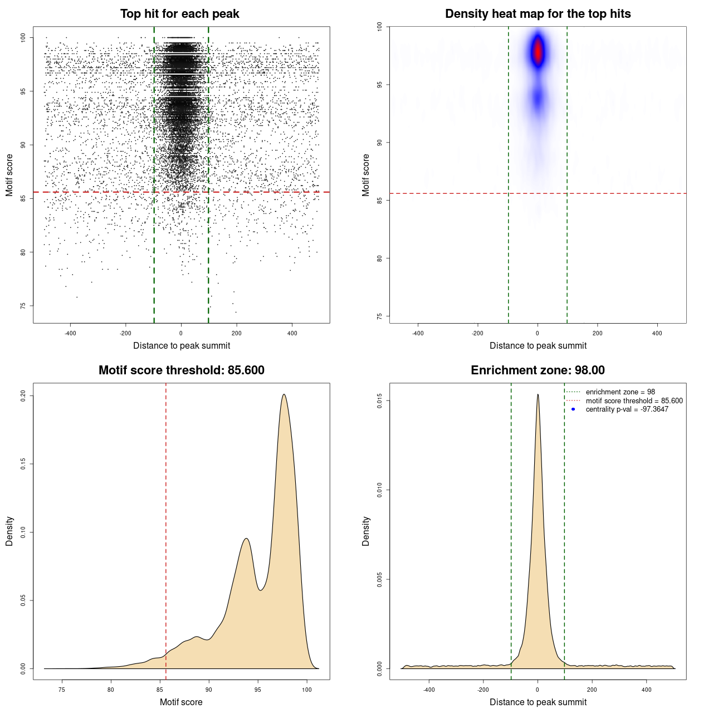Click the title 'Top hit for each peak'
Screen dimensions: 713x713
pyautogui.click(x=179, y=14)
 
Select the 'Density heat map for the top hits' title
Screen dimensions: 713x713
pyautogui.click(x=538, y=14)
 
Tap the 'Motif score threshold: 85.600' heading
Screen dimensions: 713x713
pyautogui.click(x=181, y=370)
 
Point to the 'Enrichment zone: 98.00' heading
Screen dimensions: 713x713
pyautogui.click(x=538, y=370)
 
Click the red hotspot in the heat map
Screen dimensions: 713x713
pyautogui.click(x=538, y=52)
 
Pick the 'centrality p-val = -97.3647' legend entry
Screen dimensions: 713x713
pyautogui.click(x=627, y=409)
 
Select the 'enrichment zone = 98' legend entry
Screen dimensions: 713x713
pyautogui.click(x=620, y=392)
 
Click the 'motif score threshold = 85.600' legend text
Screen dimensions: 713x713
pyautogui.click(x=634, y=401)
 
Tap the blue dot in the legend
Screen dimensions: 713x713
pyautogui.click(x=573, y=409)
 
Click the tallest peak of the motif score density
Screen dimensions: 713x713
pyautogui.click(x=284, y=395)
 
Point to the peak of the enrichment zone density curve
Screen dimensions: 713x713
pyautogui.click(x=538, y=395)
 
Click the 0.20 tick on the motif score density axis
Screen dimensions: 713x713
pyautogui.click(x=23, y=395)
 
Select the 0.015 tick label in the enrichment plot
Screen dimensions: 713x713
pyautogui.click(x=379, y=401)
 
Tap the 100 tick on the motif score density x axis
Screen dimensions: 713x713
pyautogui.click(x=307, y=690)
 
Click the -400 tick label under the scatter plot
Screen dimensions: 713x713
pyautogui.click(x=70, y=333)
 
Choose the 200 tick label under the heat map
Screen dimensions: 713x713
pyautogui.click(x=597, y=333)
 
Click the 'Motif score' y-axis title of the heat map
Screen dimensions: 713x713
pyautogui.click(x=365, y=175)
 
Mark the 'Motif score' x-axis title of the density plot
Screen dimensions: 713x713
pyautogui.click(x=181, y=702)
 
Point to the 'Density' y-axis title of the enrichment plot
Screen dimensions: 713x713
pyautogui.click(x=365, y=531)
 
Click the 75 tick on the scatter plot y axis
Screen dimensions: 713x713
pyautogui.click(x=23, y=306)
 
